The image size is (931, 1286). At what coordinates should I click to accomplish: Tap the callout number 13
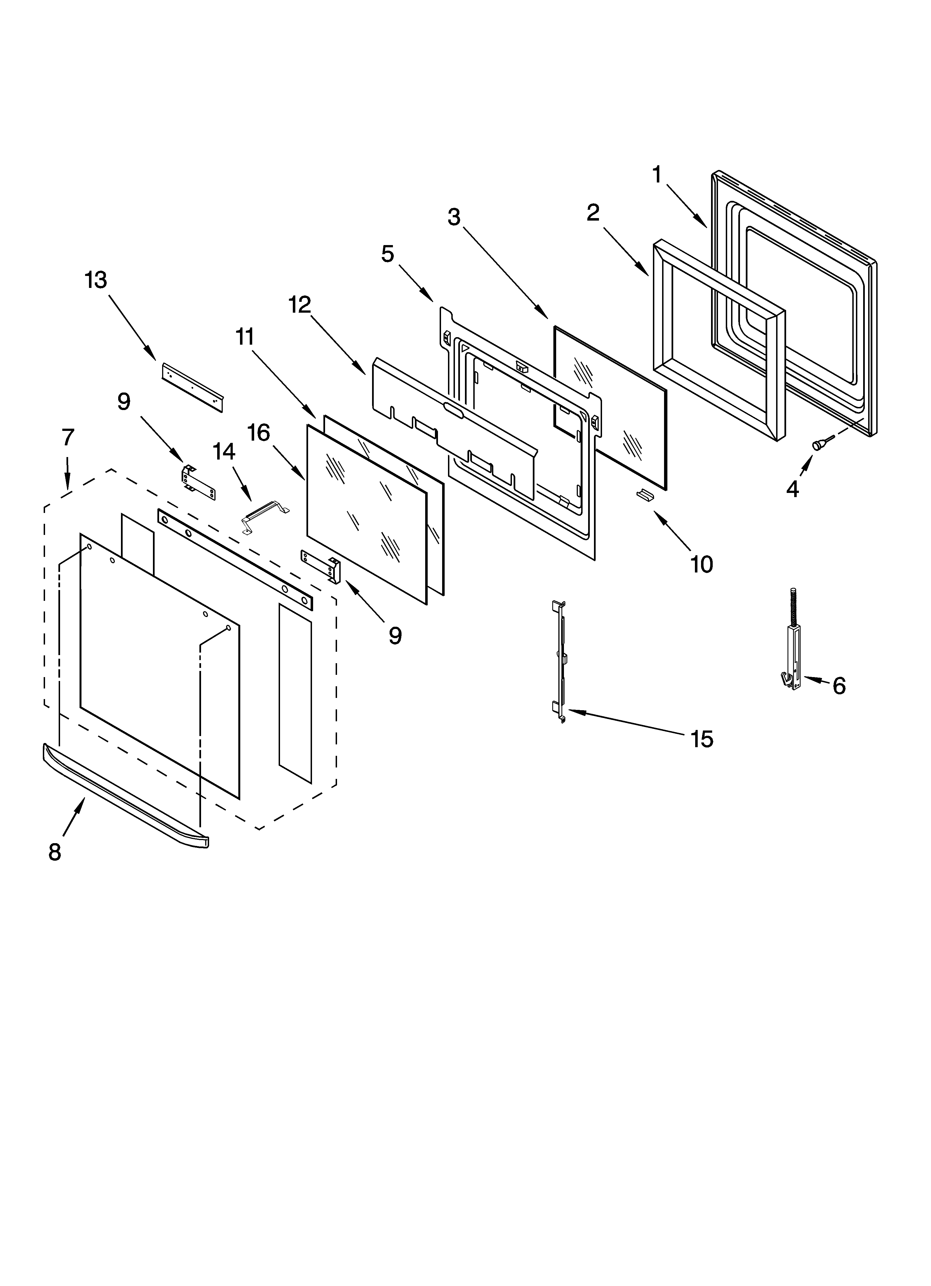[96, 280]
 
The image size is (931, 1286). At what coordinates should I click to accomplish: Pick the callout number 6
[839, 686]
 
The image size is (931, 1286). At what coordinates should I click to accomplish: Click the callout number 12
[300, 305]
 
